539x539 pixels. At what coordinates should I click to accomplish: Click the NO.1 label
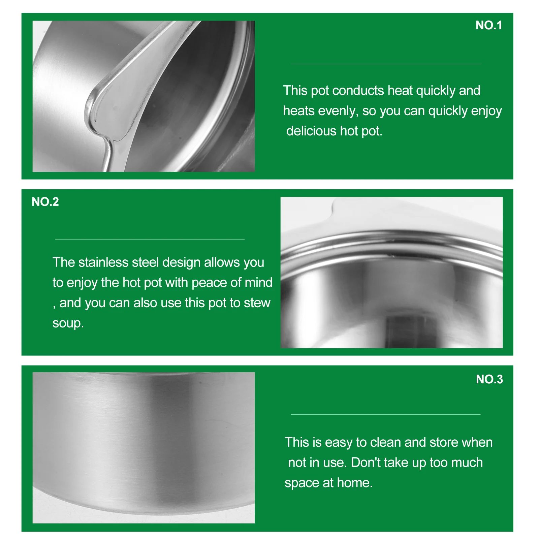point(488,25)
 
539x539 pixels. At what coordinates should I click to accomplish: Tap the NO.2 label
point(45,202)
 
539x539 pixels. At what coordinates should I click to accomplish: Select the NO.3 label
point(489,379)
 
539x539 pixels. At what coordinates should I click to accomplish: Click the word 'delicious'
point(311,131)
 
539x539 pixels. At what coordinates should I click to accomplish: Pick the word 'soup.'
point(68,323)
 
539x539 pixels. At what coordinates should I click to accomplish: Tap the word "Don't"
point(365,463)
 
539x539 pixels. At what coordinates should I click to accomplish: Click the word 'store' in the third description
point(444,442)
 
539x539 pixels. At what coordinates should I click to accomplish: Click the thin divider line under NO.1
point(385,64)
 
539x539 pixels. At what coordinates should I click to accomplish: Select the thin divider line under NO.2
point(150,239)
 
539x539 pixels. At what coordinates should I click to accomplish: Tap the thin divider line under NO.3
point(385,414)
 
